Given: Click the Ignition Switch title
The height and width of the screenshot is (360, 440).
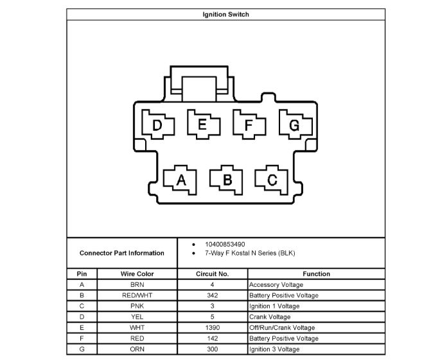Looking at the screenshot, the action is click(x=225, y=14).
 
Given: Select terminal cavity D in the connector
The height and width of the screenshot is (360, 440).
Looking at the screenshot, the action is click(x=158, y=125).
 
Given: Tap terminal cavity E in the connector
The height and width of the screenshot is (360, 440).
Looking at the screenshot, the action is click(x=202, y=124).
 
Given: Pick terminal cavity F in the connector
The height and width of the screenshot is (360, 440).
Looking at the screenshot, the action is click(x=249, y=124).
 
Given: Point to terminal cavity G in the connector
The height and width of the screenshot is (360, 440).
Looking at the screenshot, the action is click(x=294, y=124).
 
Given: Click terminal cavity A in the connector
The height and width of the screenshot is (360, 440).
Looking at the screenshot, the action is click(x=181, y=180).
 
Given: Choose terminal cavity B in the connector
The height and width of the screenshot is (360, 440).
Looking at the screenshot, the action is click(x=227, y=180).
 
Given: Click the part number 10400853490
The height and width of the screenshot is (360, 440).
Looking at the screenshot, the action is click(x=224, y=244).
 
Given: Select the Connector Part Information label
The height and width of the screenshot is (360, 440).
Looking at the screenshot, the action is click(x=121, y=253).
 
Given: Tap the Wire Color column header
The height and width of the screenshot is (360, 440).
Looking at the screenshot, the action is click(x=137, y=274).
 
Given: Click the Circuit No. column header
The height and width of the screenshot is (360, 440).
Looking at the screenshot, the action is click(x=212, y=274).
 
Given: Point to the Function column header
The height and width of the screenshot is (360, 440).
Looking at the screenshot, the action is click(x=316, y=274).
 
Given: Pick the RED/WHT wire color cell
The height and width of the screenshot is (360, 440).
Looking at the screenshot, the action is click(x=137, y=295).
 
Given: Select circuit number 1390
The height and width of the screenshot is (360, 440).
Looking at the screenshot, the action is click(x=212, y=327).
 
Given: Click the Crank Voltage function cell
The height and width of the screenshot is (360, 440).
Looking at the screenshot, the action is click(x=270, y=317).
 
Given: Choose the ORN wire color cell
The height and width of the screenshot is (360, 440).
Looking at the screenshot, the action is click(x=137, y=349).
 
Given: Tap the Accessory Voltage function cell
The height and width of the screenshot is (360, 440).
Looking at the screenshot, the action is click(x=276, y=284).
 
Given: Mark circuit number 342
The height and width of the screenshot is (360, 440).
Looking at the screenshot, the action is click(x=212, y=295).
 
